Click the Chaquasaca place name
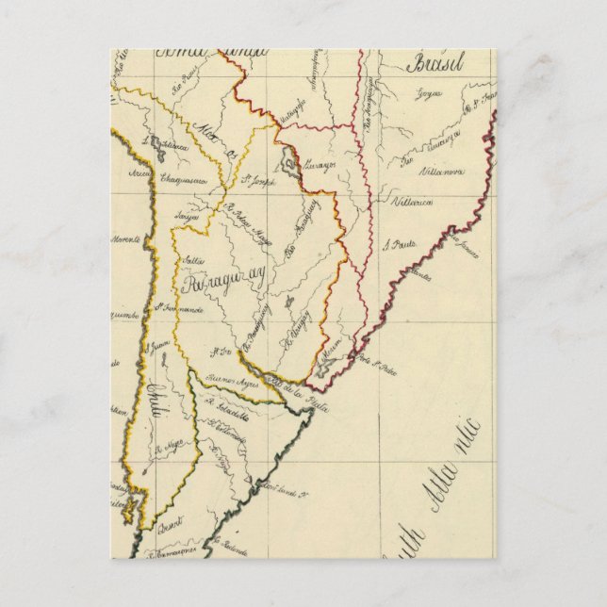pyautogui.click(x=183, y=178)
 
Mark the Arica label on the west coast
pyautogui.click(x=139, y=173)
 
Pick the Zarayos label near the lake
pyautogui.click(x=320, y=165)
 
